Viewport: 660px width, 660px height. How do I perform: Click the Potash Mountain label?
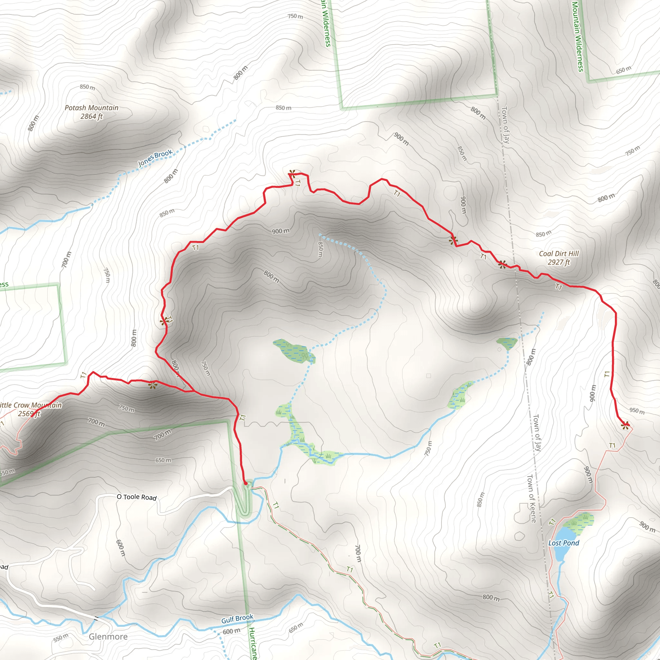tap(92, 108)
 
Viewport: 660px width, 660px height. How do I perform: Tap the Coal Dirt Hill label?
tap(559, 254)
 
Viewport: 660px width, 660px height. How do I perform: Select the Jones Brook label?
tap(155, 158)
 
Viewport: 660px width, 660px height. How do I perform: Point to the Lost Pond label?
tap(564, 543)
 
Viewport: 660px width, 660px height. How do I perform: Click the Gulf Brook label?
tap(237, 618)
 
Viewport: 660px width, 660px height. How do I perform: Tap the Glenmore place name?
tap(108, 636)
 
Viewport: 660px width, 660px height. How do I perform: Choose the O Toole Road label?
tap(137, 497)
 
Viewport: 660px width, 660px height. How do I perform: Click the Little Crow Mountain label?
tap(31, 405)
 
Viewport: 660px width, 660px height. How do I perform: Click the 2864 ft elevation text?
tap(92, 116)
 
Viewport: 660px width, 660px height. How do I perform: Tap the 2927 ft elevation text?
tap(559, 262)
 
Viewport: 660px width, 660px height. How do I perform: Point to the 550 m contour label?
tap(61, 638)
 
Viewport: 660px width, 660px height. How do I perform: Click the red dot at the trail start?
tap(245, 483)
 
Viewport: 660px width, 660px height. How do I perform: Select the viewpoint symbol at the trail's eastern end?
tap(625, 426)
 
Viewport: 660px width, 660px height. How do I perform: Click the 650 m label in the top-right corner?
tap(624, 70)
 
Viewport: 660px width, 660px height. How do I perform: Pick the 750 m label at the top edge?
tap(295, 16)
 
